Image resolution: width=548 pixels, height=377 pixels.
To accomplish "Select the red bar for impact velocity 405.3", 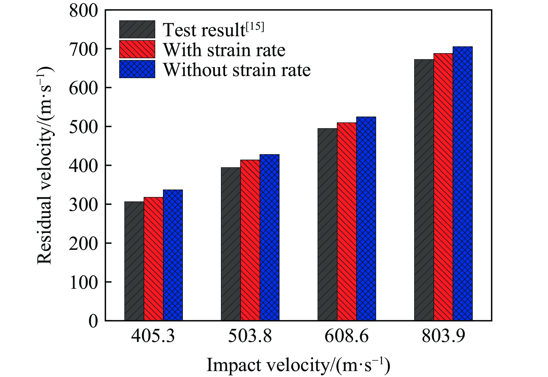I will pyautogui.click(x=153, y=259).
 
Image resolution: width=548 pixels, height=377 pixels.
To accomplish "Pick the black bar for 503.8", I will pyautogui.click(x=231, y=244).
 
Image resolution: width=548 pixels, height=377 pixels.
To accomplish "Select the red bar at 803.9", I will pyautogui.click(x=443, y=187).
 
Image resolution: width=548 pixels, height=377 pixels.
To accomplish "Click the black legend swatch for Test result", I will pyautogui.click(x=137, y=29).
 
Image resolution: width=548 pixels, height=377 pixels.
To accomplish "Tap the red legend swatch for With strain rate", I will pyautogui.click(x=137, y=49).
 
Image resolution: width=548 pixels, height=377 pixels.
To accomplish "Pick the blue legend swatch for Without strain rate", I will pyautogui.click(x=137, y=69).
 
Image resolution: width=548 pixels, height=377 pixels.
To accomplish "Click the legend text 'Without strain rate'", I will pyautogui.click(x=237, y=70).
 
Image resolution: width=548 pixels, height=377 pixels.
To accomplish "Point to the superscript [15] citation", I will pyautogui.click(x=255, y=27).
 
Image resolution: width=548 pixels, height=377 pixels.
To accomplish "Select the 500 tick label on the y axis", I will pyautogui.click(x=83, y=127).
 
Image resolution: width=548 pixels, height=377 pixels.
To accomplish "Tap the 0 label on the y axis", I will pyautogui.click(x=93, y=321).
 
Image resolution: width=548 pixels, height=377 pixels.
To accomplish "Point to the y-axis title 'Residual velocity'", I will pyautogui.click(x=45, y=165).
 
